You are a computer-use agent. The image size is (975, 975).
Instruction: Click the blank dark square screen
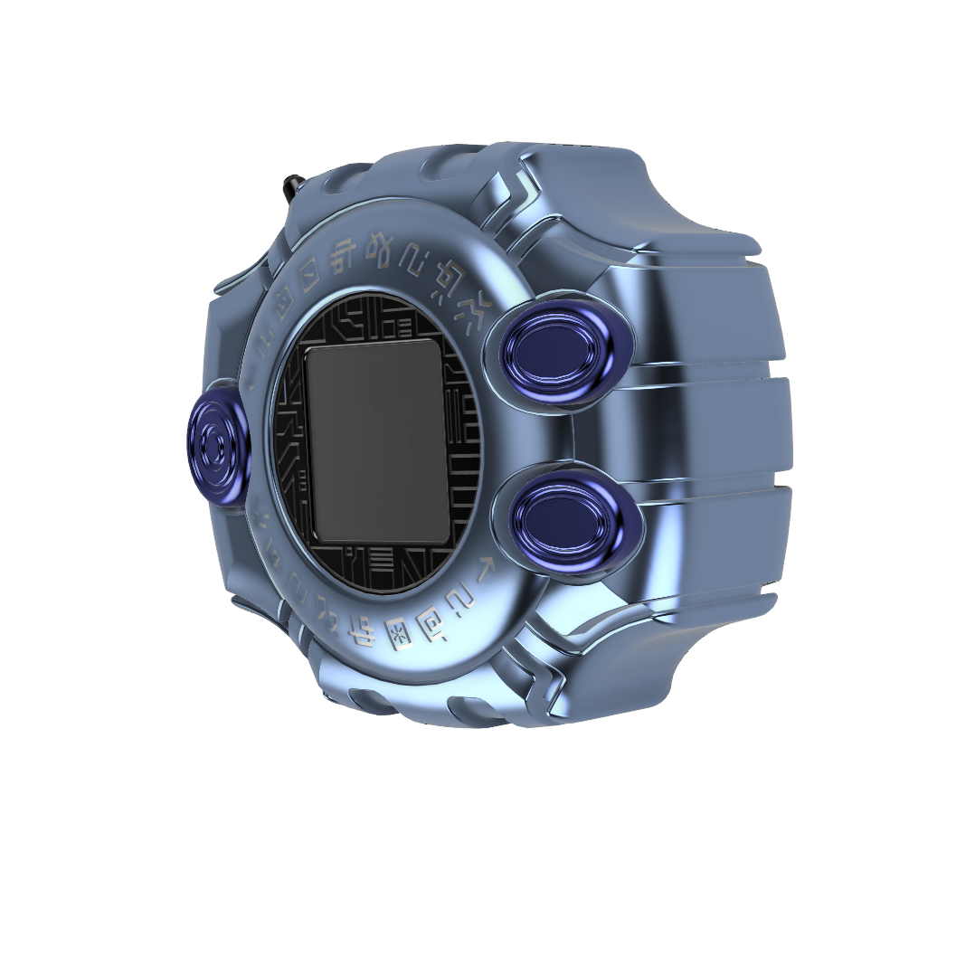tap(377, 442)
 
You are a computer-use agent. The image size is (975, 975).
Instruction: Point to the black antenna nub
tap(291, 185)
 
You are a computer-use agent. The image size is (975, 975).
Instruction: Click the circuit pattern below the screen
tap(398, 564)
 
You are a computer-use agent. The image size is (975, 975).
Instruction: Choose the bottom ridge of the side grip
tap(715, 543)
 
